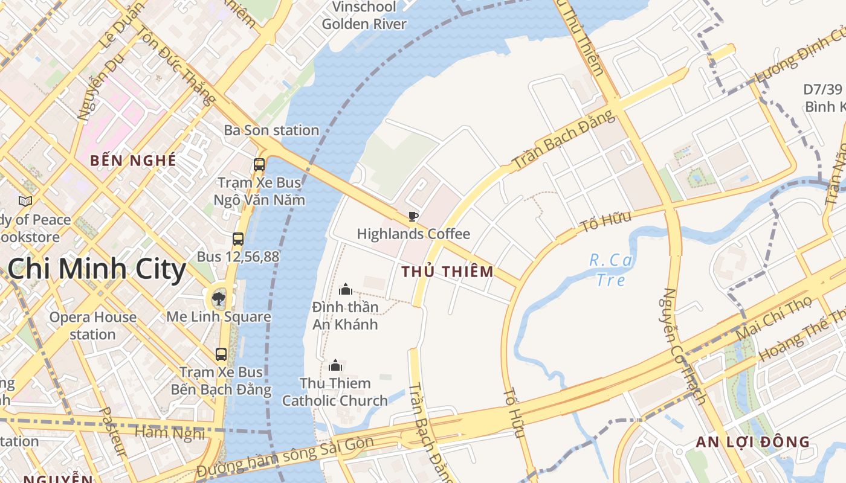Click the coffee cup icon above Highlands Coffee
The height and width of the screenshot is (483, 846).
coord(413,216)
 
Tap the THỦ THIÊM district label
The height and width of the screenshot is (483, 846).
coord(447,272)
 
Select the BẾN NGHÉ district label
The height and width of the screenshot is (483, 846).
coord(133,161)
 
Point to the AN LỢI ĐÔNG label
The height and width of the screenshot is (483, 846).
coord(752,442)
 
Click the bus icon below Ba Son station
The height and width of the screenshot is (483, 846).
coord(259,164)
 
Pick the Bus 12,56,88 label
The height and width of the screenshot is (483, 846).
coord(238,257)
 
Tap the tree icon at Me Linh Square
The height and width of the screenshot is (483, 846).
coord(219,298)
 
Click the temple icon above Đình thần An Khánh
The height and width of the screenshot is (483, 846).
coord(346,289)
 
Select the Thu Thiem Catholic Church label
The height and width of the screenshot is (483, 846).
coord(335,392)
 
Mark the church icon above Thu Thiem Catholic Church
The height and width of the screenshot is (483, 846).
coord(335,365)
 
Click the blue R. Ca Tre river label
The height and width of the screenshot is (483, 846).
coord(610,270)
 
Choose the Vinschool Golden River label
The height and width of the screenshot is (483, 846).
coord(364,16)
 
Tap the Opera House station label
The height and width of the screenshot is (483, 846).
coord(92,325)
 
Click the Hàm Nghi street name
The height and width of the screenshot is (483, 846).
coord(170,432)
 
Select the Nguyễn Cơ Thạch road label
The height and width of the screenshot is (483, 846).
coord(685,345)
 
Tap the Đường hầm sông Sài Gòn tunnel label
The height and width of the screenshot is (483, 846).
coord(285,456)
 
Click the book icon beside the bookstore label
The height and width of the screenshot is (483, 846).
coord(25,201)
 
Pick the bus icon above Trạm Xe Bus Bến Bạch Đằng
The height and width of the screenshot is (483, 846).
coord(221,354)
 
